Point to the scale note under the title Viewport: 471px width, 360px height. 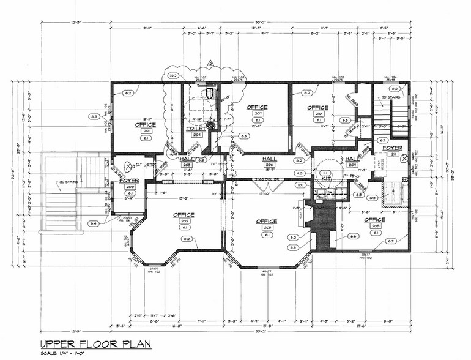pos(64,355)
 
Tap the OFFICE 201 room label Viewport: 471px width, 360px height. pos(146,125)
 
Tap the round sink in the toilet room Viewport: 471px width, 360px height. pos(210,126)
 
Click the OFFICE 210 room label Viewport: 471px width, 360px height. pos(318,108)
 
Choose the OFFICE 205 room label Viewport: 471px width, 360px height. pos(267,221)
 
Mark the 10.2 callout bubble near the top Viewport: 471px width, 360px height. pos(172,76)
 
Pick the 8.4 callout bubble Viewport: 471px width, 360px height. pos(94,224)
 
